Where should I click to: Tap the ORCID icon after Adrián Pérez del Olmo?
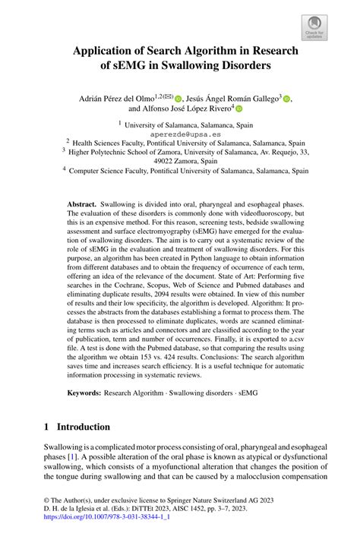(178, 98)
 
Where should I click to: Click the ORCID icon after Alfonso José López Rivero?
(248, 109)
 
